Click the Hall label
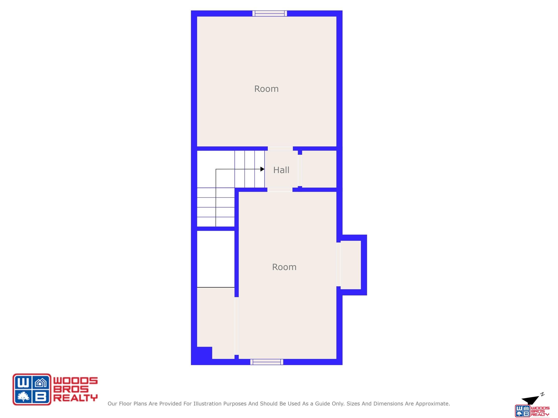(x=281, y=170)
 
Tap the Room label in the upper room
(x=266, y=89)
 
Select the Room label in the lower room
(x=284, y=267)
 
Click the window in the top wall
(x=270, y=13)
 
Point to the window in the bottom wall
(x=267, y=362)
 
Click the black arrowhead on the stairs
(x=262, y=169)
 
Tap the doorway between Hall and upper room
(x=280, y=148)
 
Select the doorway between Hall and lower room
(x=280, y=190)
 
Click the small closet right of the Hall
(x=319, y=169)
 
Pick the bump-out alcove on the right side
(x=351, y=265)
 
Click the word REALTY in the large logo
(x=75, y=398)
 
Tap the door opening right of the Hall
(x=300, y=170)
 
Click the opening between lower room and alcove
(x=339, y=265)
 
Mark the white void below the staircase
(x=216, y=259)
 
